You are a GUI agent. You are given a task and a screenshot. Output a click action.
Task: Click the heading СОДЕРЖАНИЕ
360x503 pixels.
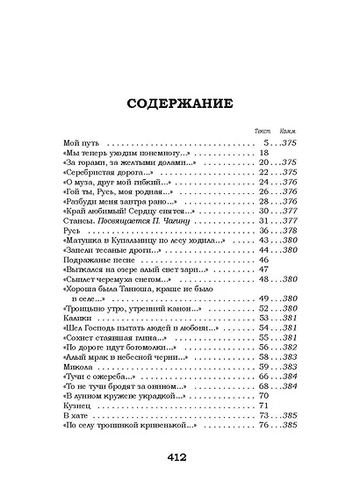coord(179,103)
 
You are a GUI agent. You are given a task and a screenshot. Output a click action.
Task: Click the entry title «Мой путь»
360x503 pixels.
coord(83,142)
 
